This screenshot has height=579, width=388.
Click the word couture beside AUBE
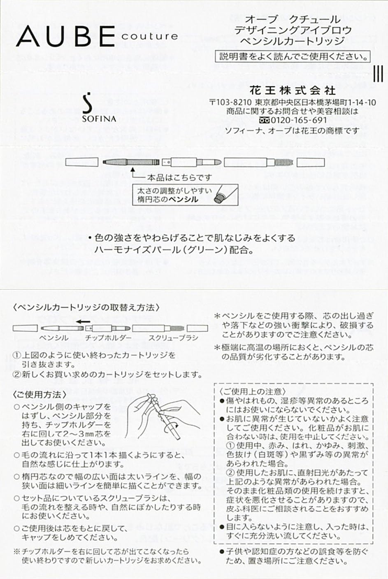tap(150, 36)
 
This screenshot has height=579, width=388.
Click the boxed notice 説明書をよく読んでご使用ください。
tap(293, 56)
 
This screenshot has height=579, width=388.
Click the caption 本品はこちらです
tap(179, 177)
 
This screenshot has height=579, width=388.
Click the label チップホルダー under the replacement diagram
tap(108, 338)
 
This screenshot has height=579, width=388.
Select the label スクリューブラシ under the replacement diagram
tap(173, 338)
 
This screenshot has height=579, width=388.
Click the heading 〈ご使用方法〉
tap(39, 394)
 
